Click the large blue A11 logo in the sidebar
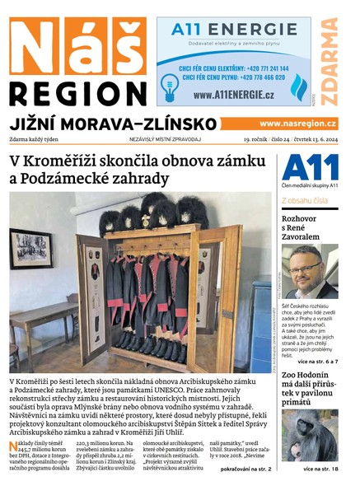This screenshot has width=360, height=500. coord(310,169)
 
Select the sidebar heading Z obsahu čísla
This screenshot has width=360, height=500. coord(304,200)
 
